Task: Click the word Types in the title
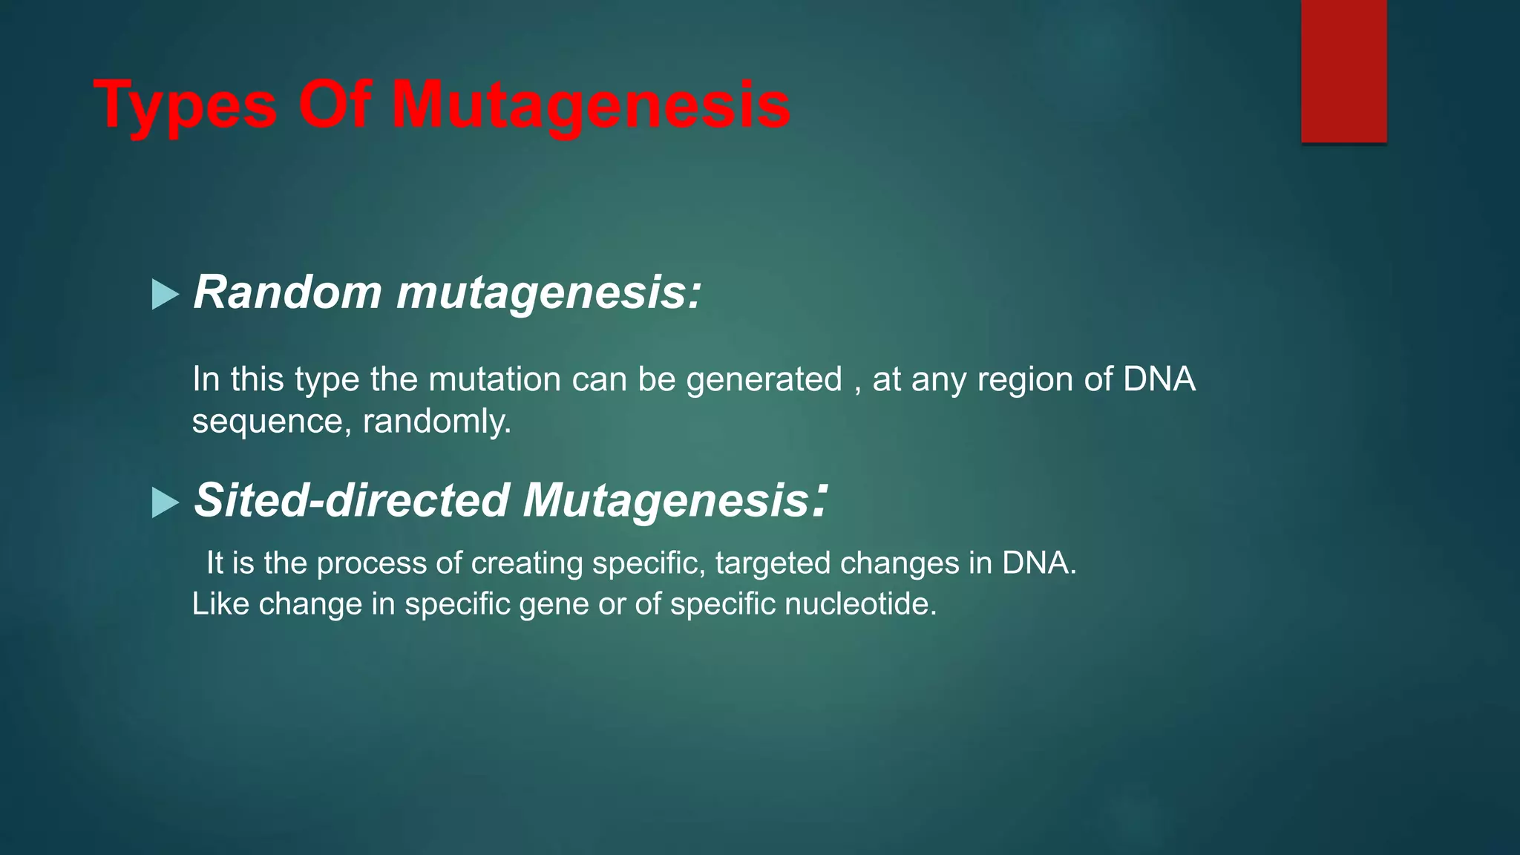(186, 105)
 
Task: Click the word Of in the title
(334, 105)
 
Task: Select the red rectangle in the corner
(1343, 71)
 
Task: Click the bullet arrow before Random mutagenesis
(165, 295)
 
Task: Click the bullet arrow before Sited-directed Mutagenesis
(165, 502)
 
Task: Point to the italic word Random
(287, 292)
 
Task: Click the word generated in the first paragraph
(764, 380)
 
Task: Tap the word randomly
(436, 422)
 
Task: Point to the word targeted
(773, 563)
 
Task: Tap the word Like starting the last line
(220, 604)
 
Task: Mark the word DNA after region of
(1159, 380)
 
